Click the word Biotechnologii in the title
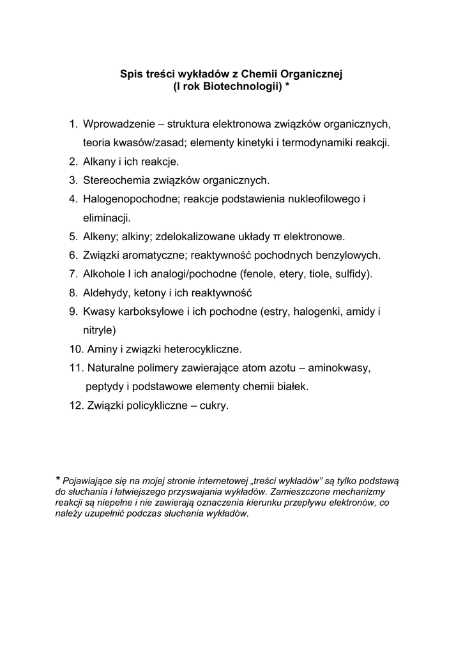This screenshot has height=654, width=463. [x=242, y=86]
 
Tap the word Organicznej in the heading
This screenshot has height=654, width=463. [x=314, y=74]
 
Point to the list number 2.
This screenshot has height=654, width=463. [x=73, y=162]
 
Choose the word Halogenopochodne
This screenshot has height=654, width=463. [x=130, y=199]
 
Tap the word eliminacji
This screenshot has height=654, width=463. [x=105, y=218]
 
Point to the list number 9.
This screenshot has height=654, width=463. [x=73, y=312]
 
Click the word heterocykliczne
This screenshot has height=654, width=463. [x=202, y=350]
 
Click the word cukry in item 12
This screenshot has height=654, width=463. [x=214, y=406]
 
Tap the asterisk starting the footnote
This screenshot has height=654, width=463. [x=58, y=480]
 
